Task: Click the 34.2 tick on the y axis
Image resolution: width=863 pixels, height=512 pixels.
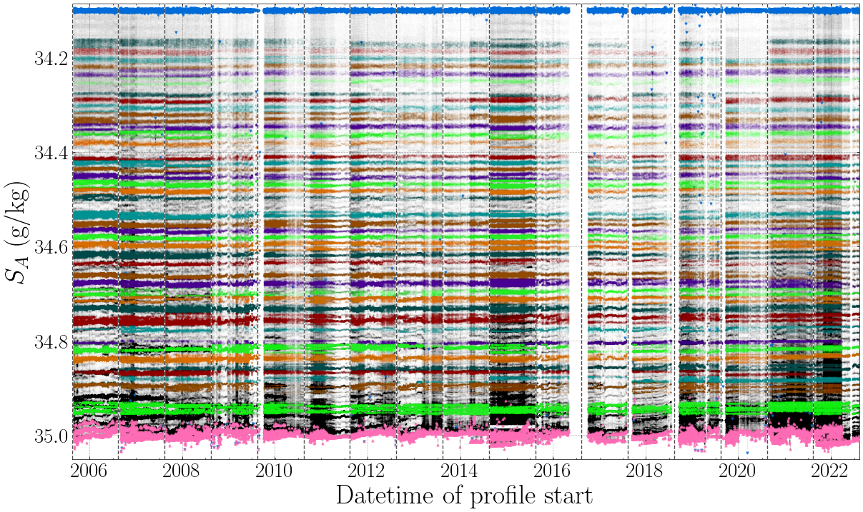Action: [x=51, y=59]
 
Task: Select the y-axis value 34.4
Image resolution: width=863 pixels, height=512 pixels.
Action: [x=51, y=153]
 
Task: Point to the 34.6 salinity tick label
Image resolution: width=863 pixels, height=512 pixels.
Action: [x=51, y=247]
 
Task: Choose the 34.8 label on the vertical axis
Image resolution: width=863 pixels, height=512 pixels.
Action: [x=51, y=341]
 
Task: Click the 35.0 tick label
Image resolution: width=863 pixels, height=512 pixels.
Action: [x=51, y=436]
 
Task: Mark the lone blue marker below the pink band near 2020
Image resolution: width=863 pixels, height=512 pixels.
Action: [x=747, y=453]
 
